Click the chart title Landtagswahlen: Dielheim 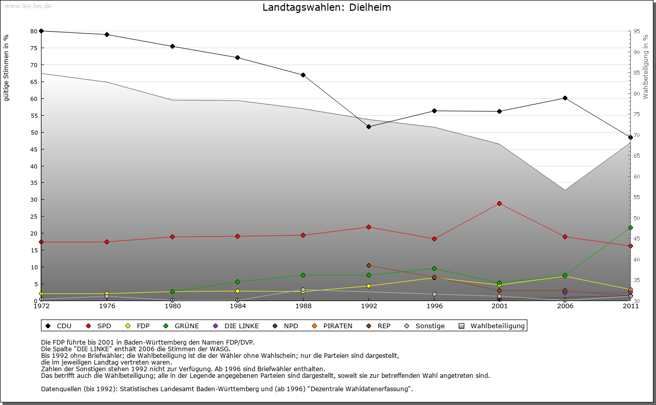[326, 8]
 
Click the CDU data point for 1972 [41, 31]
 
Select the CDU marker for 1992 [368, 126]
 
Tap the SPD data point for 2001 [499, 203]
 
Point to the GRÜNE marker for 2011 [630, 227]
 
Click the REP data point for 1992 [368, 265]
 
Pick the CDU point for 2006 [565, 98]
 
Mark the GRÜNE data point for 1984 [238, 282]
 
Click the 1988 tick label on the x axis [303, 306]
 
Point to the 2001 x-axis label [499, 306]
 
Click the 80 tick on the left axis [34, 31]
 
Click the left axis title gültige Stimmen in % [7, 68]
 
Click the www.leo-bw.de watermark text [28, 6]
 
